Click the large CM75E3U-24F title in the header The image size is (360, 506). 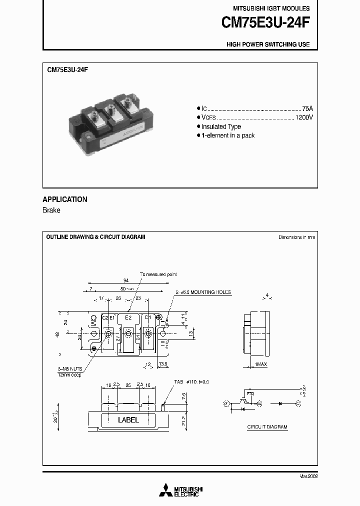[265, 23]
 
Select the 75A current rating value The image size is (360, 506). [307, 108]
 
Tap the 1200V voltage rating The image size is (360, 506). [304, 117]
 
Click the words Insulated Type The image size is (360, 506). [221, 127]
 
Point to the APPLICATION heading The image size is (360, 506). [65, 199]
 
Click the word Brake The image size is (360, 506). [51, 210]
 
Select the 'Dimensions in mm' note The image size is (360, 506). [296, 237]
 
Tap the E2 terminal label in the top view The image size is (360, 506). [128, 317]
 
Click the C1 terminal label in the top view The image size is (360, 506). [147, 317]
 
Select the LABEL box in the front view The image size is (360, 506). [128, 420]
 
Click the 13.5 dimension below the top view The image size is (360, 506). [162, 364]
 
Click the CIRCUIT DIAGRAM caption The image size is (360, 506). [267, 427]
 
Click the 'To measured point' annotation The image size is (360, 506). [158, 274]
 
